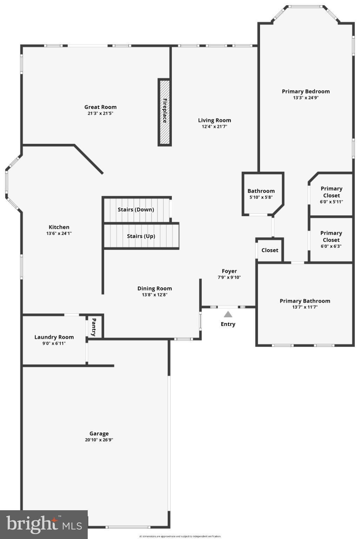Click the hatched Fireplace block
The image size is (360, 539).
pyautogui.click(x=164, y=112)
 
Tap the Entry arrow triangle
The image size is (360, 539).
pyautogui.click(x=228, y=314)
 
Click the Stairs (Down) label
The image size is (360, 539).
pyautogui.click(x=136, y=209)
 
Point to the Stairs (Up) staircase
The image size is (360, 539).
pyautogui.click(x=141, y=236)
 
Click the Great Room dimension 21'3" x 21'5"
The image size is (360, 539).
pyautogui.click(x=100, y=113)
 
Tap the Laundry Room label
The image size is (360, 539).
pyautogui.click(x=54, y=337)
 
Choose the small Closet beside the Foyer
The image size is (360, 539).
pyautogui.click(x=270, y=250)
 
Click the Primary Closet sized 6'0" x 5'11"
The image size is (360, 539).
pyautogui.click(x=331, y=195)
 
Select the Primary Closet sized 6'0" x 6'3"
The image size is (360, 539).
pyautogui.click(x=331, y=240)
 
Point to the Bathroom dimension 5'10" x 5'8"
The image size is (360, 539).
pyautogui.click(x=261, y=197)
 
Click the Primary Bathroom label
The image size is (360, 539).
pyautogui.click(x=305, y=301)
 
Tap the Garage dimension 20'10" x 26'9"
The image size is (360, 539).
pyautogui.click(x=99, y=440)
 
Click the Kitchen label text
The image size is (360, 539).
pyautogui.click(x=59, y=227)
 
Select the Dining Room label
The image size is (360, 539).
pyautogui.click(x=155, y=288)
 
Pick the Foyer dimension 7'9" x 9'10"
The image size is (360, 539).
pyautogui.click(x=229, y=277)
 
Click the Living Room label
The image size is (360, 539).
pyautogui.click(x=214, y=120)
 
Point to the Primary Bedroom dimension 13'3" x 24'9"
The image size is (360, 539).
pyautogui.click(x=306, y=98)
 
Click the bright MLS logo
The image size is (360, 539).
pyautogui.click(x=44, y=524)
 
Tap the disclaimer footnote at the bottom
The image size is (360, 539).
pyautogui.click(x=180, y=536)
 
